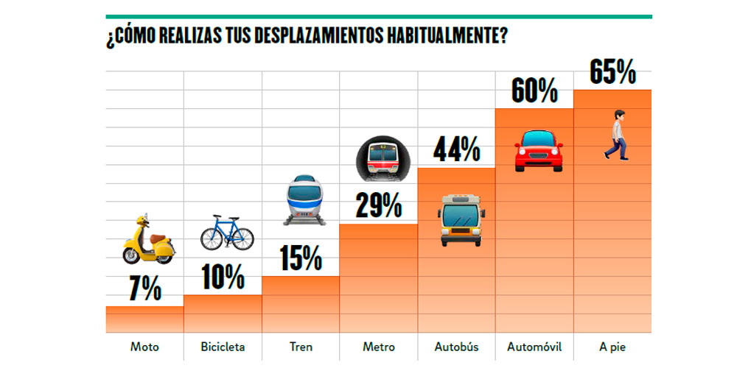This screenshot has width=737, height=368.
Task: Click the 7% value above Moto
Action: [x=145, y=290]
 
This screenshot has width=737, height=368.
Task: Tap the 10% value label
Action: [x=223, y=277]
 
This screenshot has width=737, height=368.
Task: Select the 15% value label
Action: [x=301, y=258]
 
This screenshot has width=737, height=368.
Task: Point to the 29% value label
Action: [x=379, y=205]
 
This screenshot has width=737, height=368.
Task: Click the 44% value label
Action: [x=457, y=150]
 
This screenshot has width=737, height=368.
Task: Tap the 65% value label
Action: [x=612, y=72]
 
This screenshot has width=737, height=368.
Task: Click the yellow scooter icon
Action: [x=147, y=240]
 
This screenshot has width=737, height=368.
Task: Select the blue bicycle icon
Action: [x=227, y=232]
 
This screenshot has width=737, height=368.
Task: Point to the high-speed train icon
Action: [x=303, y=199]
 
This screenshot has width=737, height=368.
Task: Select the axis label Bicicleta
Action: [x=223, y=347]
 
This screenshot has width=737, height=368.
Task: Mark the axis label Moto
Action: [x=144, y=347]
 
